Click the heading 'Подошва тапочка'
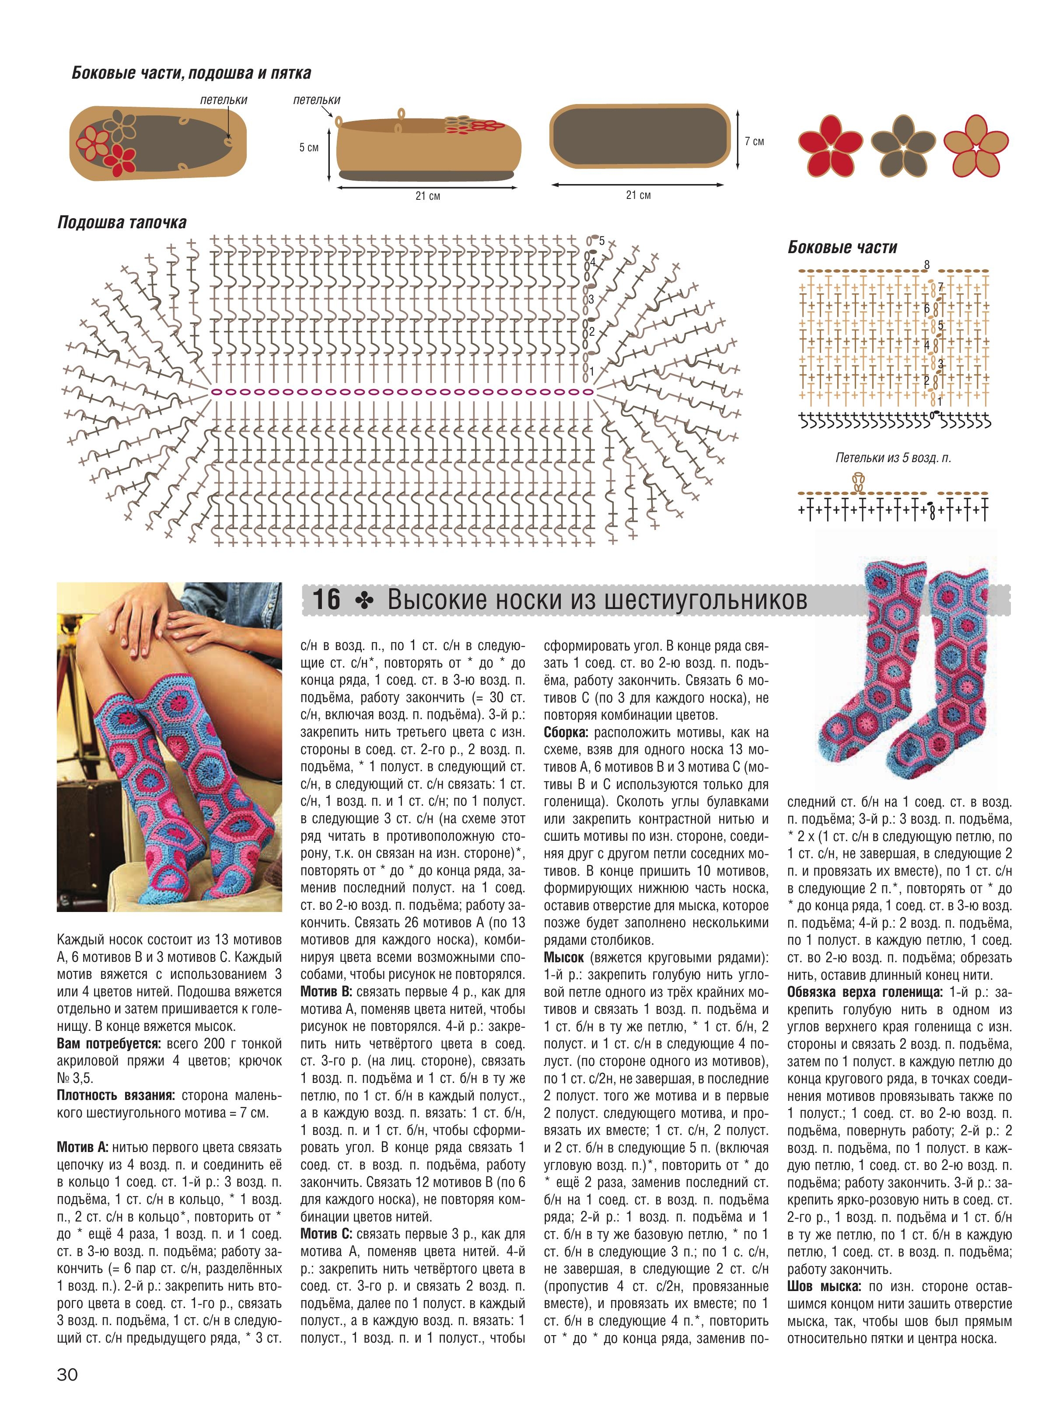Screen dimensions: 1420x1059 coord(122,223)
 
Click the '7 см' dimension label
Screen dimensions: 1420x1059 coord(755,141)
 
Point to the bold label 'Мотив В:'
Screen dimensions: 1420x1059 coord(326,991)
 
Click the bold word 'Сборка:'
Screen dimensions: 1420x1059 coord(567,732)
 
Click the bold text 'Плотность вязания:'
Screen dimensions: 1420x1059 coord(116,1095)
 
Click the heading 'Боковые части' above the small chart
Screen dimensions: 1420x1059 coord(842,247)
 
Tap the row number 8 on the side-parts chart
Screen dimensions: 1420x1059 coord(926,265)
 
